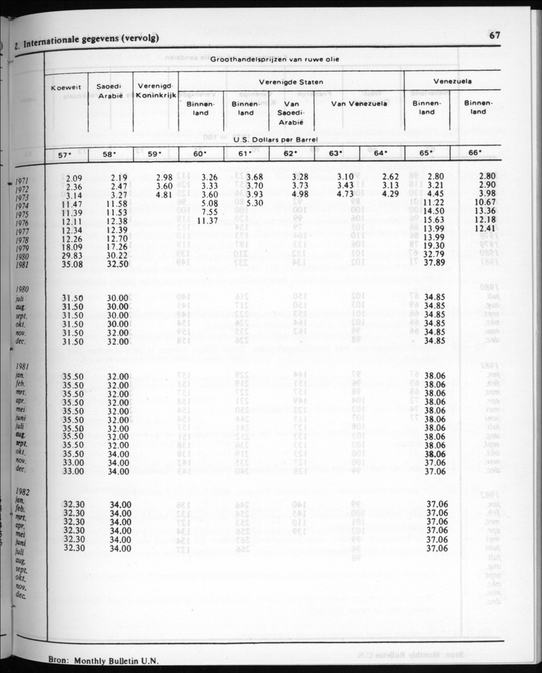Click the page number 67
(x=494, y=36)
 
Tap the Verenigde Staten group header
(x=291, y=82)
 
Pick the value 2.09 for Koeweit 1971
(x=75, y=177)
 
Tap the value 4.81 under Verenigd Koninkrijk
(x=164, y=195)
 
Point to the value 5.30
(x=255, y=203)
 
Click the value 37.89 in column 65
(x=435, y=263)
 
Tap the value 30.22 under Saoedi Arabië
(x=116, y=254)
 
